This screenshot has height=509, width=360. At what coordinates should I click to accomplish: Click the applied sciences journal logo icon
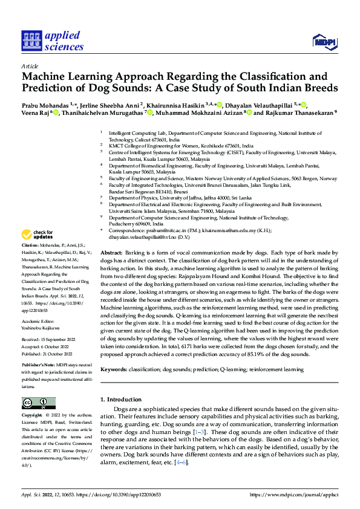pos(31,41)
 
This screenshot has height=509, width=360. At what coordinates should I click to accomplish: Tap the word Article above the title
pos(29,65)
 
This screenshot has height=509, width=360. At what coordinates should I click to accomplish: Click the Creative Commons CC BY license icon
pos(39,403)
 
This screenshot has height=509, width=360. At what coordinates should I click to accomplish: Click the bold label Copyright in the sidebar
pos(32,416)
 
